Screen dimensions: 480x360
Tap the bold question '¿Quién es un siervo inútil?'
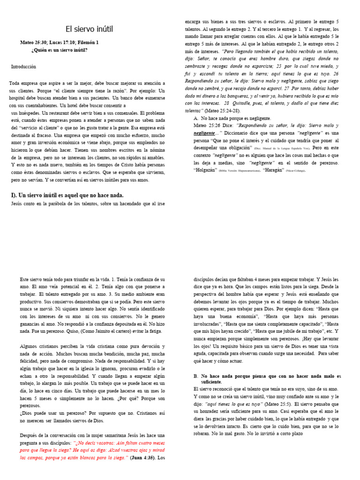pos(59,50)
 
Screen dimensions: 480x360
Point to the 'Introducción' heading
pos(23,67)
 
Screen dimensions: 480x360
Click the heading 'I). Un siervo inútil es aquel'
pos(67,195)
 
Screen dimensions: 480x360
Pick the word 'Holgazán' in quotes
pos(206,170)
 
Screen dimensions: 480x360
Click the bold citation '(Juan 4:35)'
pos(143,457)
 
